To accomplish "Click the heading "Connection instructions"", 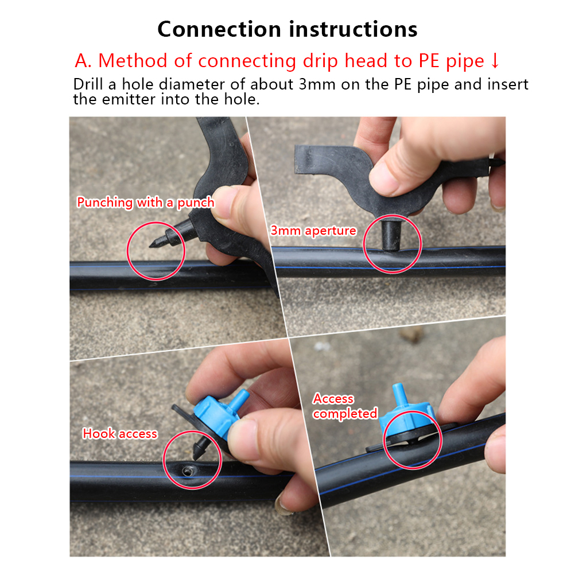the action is click(287, 29).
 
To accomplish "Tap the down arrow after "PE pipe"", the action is click(495, 61).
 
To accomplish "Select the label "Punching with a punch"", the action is click(146, 203).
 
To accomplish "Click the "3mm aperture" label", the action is click(313, 231).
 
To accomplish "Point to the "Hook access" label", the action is click(120, 433).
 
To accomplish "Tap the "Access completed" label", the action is click(345, 406).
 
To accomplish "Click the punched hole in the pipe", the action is click(187, 471).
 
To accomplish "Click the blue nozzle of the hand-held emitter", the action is click(241, 399).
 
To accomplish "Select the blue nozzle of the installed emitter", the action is click(399, 394).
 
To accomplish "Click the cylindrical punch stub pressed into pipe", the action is click(391, 235).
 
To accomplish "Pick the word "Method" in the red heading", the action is click(133, 60).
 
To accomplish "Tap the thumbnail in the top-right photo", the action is click(383, 178).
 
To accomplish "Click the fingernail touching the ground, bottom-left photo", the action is click(283, 504).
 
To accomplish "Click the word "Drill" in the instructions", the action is click(88, 84).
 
